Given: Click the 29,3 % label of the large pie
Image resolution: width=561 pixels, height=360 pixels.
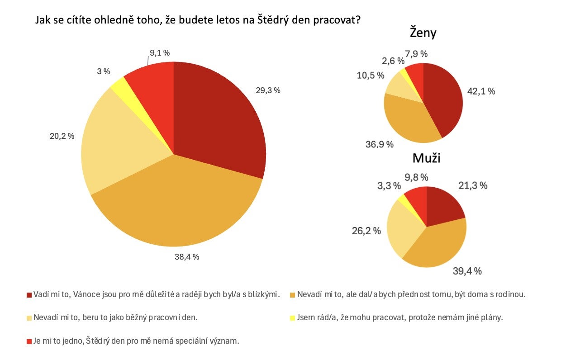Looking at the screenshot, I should pyautogui.click(x=268, y=90).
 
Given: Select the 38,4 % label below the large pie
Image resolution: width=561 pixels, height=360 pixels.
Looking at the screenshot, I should pyautogui.click(x=187, y=257).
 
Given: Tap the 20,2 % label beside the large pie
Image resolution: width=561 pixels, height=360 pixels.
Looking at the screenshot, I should pyautogui.click(x=62, y=136).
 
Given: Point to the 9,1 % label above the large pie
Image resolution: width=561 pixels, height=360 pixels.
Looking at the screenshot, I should pyautogui.click(x=160, y=53).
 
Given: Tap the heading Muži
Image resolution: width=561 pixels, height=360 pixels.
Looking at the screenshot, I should pyautogui.click(x=426, y=158).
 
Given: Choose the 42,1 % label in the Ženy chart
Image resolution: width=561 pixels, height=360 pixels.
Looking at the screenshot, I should pyautogui.click(x=481, y=91).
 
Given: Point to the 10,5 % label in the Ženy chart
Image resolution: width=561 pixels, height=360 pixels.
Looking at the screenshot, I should pyautogui.click(x=371, y=75).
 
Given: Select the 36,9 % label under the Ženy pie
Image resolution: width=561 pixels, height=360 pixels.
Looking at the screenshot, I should pyautogui.click(x=379, y=145).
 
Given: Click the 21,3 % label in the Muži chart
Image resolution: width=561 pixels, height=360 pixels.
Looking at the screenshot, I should pyautogui.click(x=473, y=185).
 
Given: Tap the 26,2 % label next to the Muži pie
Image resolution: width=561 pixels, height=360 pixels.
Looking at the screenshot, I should pyautogui.click(x=366, y=231).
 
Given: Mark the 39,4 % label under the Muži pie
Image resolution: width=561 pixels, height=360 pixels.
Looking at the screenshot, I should pyautogui.click(x=467, y=271).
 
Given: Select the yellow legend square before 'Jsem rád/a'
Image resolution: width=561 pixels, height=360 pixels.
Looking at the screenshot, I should pyautogui.click(x=292, y=318).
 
